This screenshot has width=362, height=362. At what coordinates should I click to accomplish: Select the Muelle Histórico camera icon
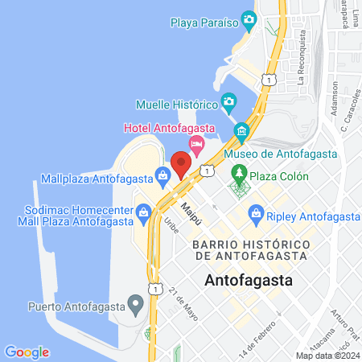pos(229,102)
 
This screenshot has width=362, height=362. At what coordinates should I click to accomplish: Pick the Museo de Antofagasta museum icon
pos(241,131)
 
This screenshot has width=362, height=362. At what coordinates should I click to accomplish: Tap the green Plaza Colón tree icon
pos(239,172)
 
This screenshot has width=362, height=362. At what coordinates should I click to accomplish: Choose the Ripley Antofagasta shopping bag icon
pos(257,213)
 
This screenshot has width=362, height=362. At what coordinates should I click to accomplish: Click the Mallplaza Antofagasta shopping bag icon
pos(163,174)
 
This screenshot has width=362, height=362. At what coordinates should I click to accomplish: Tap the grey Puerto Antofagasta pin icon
pos(136,305)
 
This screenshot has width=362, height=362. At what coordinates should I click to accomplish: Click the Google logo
pos(27,352)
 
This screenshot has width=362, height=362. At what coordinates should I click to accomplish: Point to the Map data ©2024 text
pos(327,356)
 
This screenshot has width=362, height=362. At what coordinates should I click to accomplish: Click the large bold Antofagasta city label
pos(249,281)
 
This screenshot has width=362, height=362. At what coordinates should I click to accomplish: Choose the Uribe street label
pos(171,225)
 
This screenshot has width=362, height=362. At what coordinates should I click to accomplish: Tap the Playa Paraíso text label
pos(205,23)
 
